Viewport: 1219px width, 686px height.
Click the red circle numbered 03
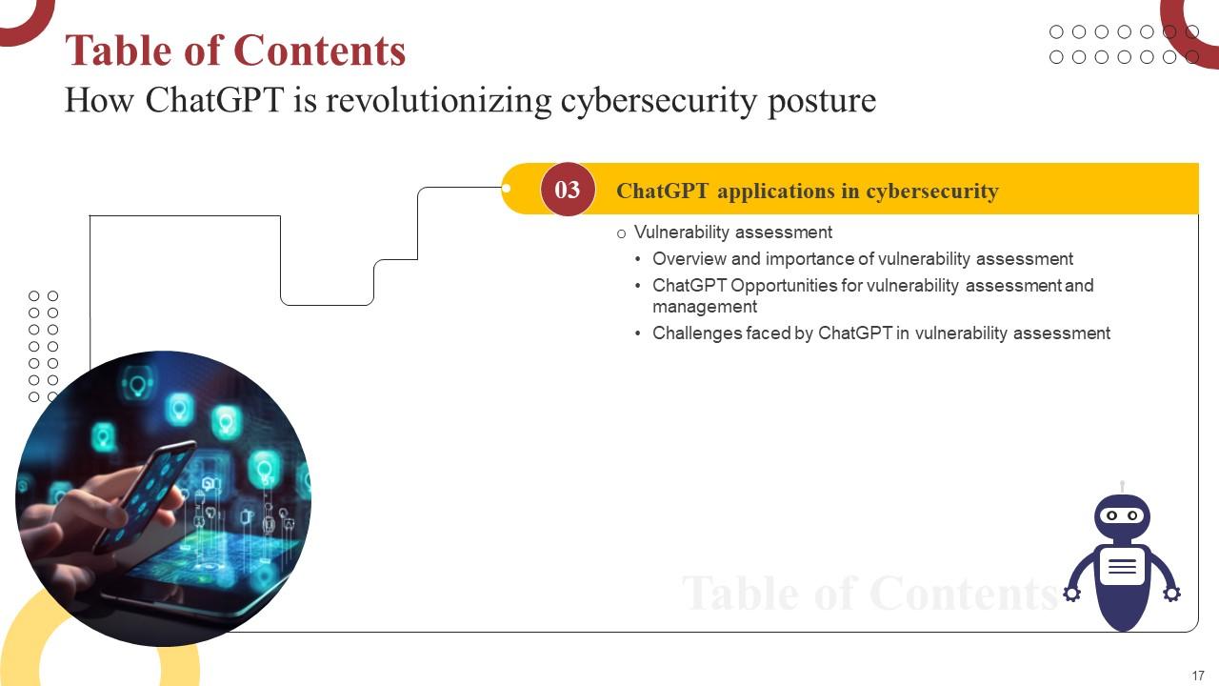coord(568,190)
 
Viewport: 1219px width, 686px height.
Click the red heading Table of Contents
coord(235,50)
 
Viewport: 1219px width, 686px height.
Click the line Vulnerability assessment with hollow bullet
coord(732,232)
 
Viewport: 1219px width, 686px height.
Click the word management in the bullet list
coord(705,307)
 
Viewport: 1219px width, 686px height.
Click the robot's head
coord(1122,516)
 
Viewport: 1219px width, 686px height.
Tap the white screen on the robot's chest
coord(1122,567)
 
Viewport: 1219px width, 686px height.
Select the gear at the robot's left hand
coord(1071,594)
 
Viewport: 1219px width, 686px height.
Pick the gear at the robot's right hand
coord(1172,594)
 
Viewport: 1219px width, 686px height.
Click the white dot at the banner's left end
coord(507,189)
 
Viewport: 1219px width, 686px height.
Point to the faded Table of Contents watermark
coord(869,593)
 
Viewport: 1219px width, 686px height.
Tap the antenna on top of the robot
coord(1122,487)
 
